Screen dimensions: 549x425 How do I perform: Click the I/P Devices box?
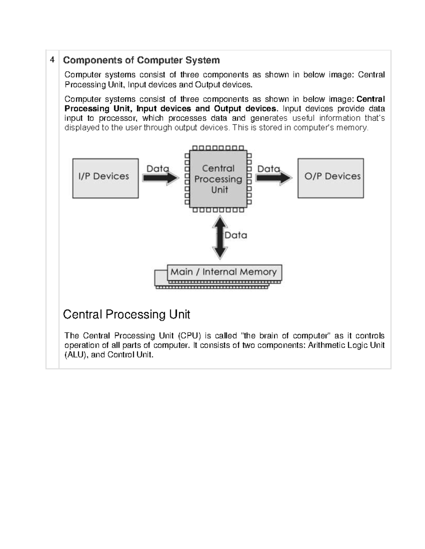coord(105,178)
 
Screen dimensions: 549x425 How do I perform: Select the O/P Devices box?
coord(330,178)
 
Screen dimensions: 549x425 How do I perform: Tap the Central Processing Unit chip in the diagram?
coord(218,179)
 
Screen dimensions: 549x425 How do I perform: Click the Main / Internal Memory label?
coord(223,272)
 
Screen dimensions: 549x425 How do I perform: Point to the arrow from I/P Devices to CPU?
coord(161,178)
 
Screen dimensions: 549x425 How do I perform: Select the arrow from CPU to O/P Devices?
coord(274,178)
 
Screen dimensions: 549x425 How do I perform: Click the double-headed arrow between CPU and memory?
coord(220,238)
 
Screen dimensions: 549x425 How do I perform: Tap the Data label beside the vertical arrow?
coord(236,235)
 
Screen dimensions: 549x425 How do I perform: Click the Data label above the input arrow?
coord(158,169)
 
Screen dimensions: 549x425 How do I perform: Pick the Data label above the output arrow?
coord(268,169)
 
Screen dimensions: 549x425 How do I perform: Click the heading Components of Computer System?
coord(141,60)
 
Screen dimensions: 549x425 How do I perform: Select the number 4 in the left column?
coord(52,60)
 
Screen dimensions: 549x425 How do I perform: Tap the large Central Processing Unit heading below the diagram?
coord(126,314)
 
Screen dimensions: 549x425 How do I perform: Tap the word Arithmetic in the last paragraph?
coord(325,345)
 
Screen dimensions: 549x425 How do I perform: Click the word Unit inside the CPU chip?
coord(220,190)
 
